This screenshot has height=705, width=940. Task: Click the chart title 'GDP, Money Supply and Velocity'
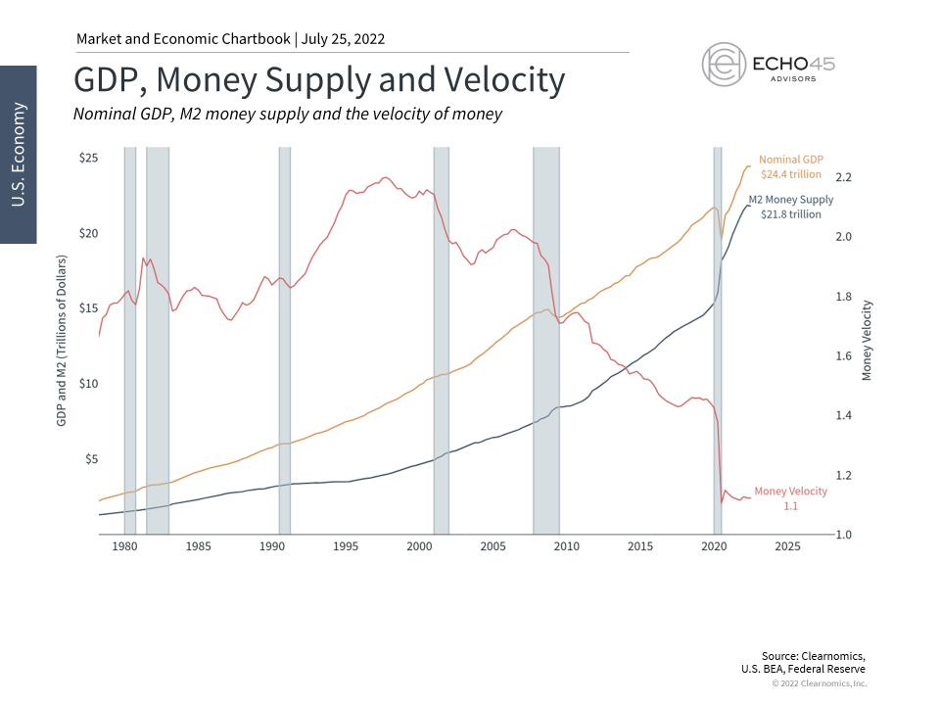(319, 80)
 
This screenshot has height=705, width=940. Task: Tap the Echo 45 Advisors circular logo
(726, 65)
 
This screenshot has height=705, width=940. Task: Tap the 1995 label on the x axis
(346, 545)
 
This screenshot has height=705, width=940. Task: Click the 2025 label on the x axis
(787, 545)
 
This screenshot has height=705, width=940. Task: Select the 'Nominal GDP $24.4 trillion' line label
(790, 166)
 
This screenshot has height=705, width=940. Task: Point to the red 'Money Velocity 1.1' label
(790, 497)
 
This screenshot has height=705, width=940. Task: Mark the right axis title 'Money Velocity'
(867, 340)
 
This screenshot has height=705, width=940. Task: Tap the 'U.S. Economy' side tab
(18, 154)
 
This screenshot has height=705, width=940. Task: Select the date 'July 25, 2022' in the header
(344, 39)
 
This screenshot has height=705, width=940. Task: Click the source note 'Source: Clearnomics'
(813, 655)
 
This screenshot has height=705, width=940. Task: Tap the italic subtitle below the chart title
(288, 114)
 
